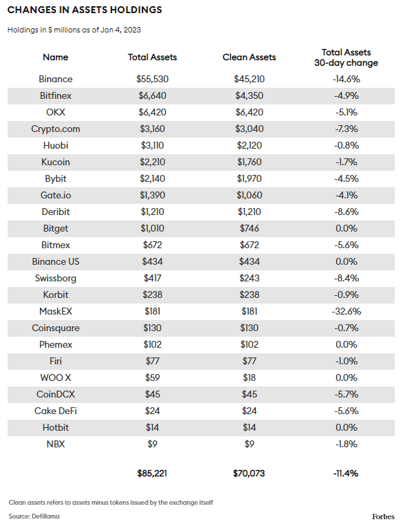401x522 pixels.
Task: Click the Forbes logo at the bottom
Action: click(x=383, y=516)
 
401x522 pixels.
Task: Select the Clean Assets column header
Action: click(x=250, y=57)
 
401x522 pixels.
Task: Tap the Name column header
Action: click(x=55, y=57)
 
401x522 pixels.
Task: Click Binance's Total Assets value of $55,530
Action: click(x=152, y=80)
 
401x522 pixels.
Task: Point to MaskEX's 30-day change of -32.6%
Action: click(x=346, y=311)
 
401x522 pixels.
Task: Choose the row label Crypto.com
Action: click(x=55, y=129)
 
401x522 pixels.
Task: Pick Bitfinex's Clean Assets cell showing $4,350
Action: click(x=250, y=96)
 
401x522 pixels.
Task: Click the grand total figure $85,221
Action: click(x=152, y=474)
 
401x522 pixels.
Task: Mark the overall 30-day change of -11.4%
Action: click(x=346, y=474)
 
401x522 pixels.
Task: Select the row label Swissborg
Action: click(x=55, y=279)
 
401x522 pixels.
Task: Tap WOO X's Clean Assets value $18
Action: click(x=250, y=378)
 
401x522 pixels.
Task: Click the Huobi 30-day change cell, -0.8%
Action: click(x=346, y=145)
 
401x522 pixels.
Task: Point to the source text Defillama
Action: click(x=46, y=516)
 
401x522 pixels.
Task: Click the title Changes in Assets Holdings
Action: click(x=84, y=10)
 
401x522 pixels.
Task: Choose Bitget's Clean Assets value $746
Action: click(x=250, y=228)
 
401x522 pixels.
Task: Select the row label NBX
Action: click(x=55, y=444)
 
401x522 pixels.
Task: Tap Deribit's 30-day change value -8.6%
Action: click(x=346, y=212)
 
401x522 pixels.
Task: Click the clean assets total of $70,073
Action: click(x=249, y=474)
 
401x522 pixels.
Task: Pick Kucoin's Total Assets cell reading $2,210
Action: click(x=152, y=162)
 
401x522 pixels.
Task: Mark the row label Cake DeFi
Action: click(x=55, y=411)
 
